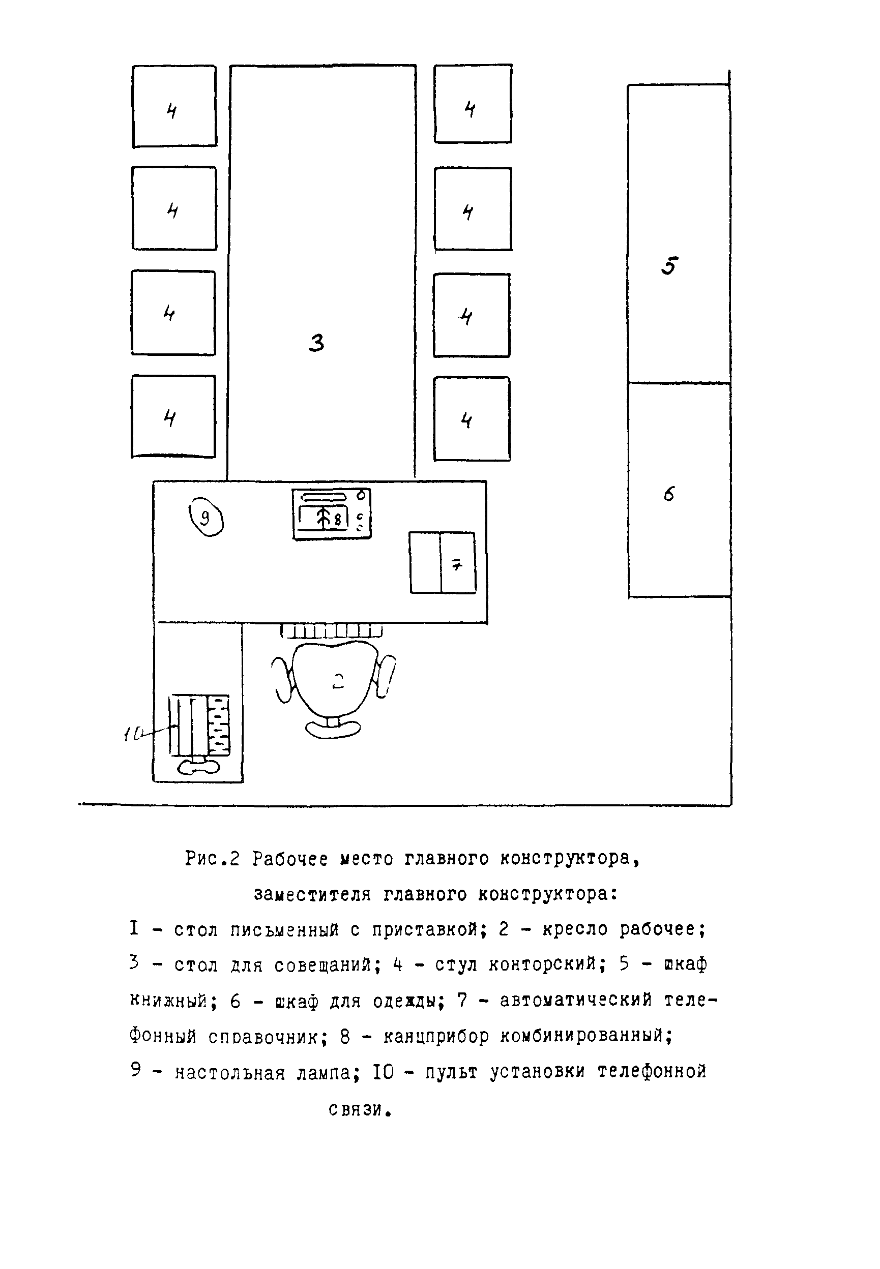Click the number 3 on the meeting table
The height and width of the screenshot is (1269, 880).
(316, 343)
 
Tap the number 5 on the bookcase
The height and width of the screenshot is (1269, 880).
(669, 266)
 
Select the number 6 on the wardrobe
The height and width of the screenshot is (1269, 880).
(669, 494)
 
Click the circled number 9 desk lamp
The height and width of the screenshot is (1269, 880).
(206, 518)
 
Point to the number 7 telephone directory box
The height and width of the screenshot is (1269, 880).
(442, 563)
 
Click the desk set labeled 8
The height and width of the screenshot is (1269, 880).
(331, 514)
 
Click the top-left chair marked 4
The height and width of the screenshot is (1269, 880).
(174, 106)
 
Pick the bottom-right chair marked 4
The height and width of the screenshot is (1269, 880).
(472, 419)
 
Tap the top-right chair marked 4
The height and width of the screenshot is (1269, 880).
(473, 104)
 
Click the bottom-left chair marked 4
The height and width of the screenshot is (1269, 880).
(173, 416)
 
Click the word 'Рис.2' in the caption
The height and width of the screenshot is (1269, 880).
(212, 859)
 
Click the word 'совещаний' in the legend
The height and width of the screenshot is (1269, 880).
(328, 965)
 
